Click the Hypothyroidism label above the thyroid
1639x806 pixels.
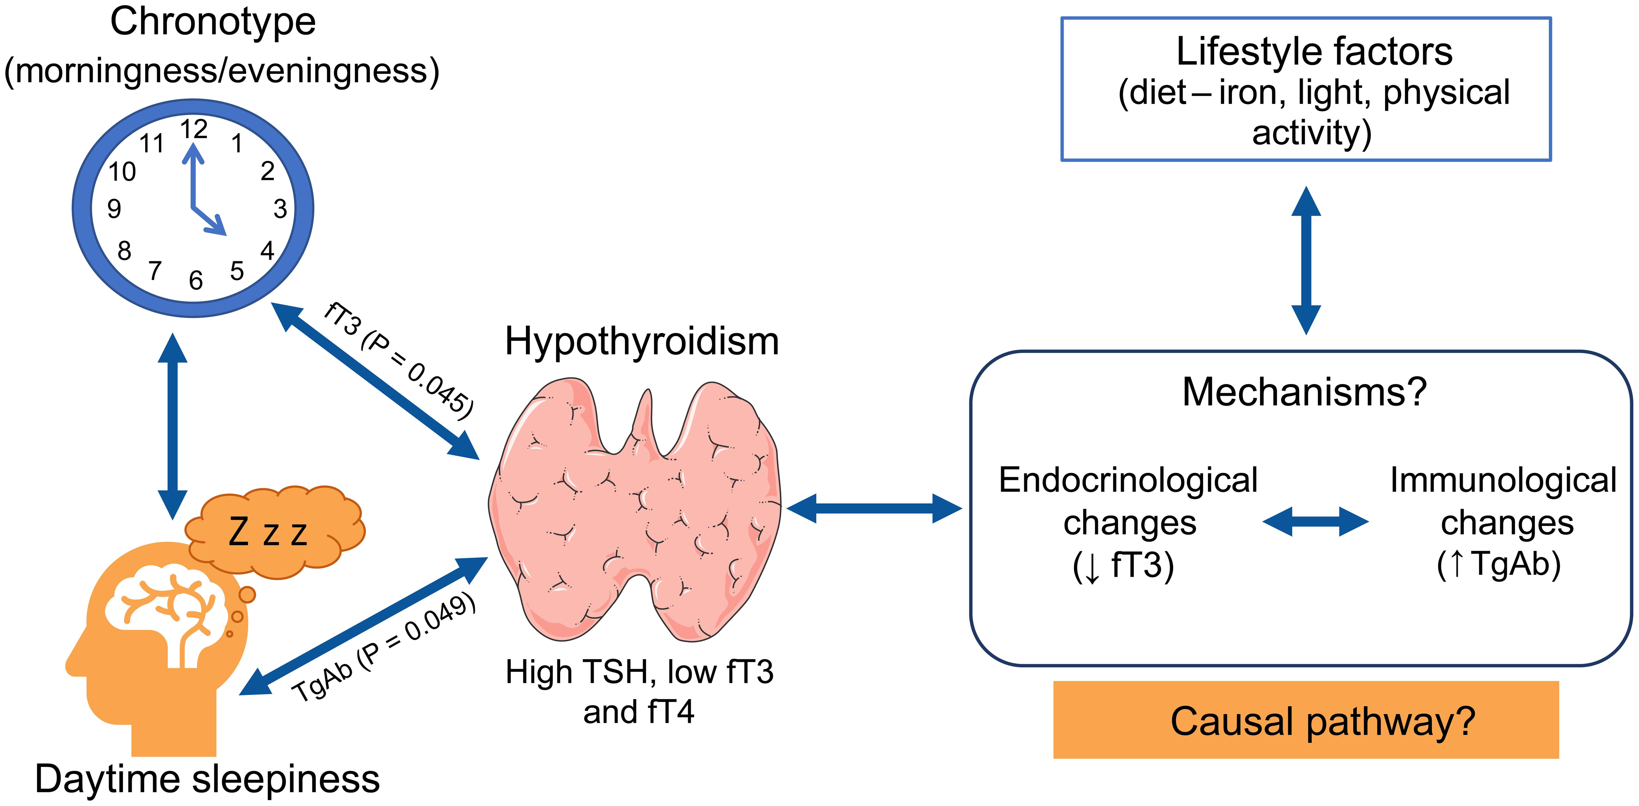[x=641, y=342]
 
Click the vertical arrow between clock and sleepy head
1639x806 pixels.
[x=173, y=426]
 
